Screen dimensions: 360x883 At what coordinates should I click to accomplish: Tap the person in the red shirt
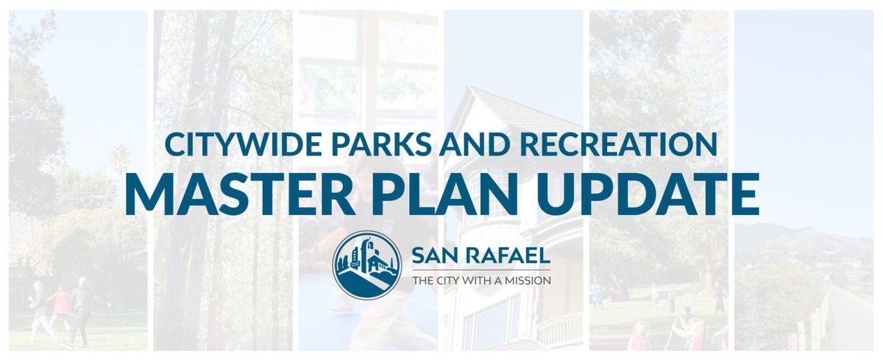tap(60, 302)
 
